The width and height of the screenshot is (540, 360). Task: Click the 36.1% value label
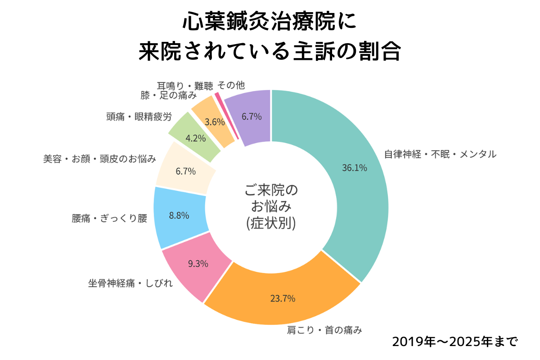point(355,168)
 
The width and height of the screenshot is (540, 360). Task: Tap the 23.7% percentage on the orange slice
point(283,298)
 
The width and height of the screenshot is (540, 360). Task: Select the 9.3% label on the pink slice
point(198,264)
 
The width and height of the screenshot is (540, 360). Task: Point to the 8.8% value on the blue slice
point(179,215)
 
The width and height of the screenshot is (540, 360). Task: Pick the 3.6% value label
point(214,121)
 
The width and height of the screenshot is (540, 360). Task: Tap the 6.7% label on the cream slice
point(185,171)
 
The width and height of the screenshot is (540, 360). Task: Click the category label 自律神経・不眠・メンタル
point(440,154)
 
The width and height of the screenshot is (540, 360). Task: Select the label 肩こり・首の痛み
point(324,331)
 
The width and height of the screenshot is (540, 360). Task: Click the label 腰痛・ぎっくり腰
point(109,219)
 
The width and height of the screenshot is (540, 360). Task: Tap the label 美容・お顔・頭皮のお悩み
point(100,159)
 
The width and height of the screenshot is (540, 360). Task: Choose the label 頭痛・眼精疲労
point(139,117)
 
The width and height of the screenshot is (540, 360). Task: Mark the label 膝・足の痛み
point(168,95)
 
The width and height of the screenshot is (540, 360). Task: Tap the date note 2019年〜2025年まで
point(455,341)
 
